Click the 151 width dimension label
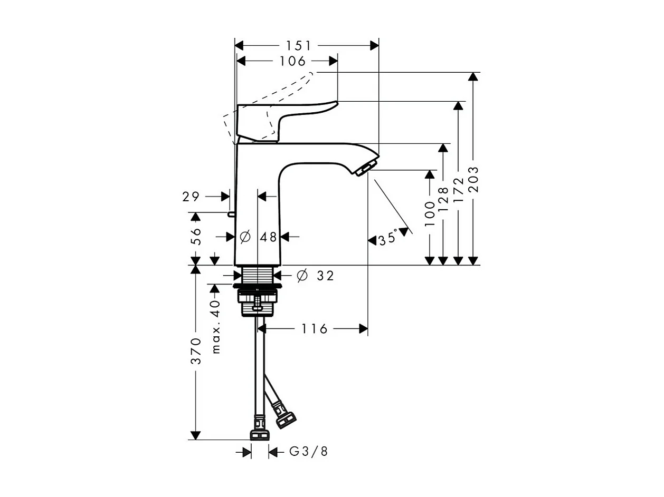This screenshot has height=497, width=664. tap(299, 46)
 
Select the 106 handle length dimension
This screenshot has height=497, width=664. tap(292, 61)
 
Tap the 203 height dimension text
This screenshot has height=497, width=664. tap(473, 179)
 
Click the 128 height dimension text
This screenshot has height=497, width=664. tap(443, 199)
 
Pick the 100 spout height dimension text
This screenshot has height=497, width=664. tap(430, 213)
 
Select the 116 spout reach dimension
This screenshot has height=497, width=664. tap(315, 329)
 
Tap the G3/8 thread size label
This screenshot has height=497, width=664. tap(309, 452)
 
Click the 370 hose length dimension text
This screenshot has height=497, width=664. tap(196, 351)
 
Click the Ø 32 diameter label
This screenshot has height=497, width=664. tap(315, 276)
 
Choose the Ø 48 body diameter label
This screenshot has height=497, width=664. tap(259, 237)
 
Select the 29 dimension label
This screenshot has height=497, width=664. tap(191, 197)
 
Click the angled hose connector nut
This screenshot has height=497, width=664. tap(286, 417)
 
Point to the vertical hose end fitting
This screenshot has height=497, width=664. tap(259, 431)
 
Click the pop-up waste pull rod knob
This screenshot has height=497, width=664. tap(231, 213)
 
